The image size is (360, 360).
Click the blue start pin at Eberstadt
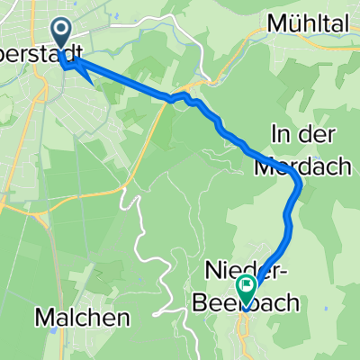[x=62, y=34]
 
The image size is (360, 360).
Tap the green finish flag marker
[x=245, y=286]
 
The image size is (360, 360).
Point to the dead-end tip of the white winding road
[x=155, y=315]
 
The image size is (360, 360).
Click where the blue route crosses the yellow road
[x=168, y=99]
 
